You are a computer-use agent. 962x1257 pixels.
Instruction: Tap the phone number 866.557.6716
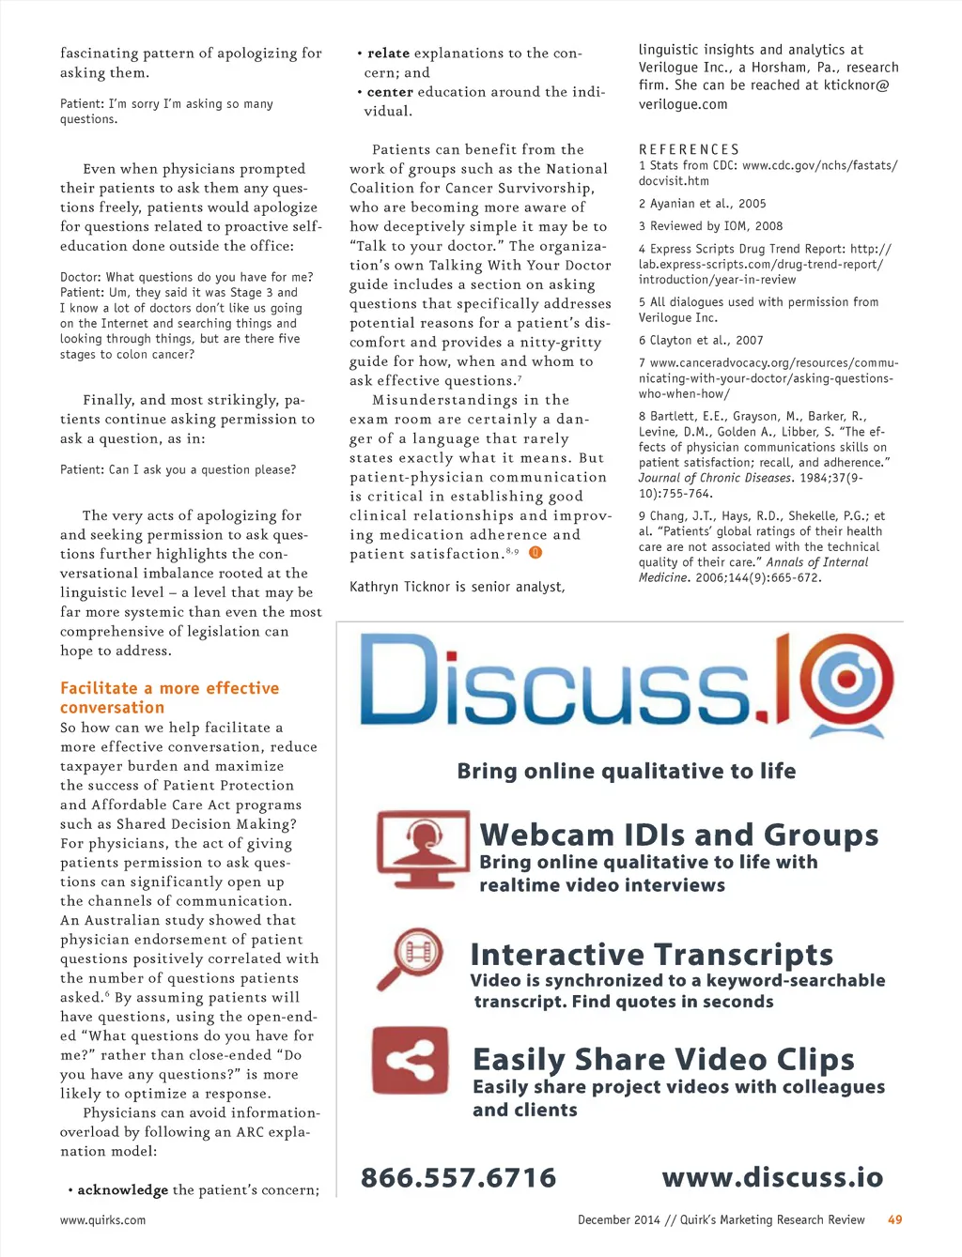(x=458, y=1177)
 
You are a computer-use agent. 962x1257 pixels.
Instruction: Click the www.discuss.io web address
(x=772, y=1177)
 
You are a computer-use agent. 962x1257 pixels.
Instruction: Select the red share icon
(x=410, y=1061)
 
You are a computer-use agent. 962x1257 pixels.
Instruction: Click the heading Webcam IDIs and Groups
(x=678, y=835)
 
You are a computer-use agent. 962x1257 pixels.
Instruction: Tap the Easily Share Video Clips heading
(x=663, y=1059)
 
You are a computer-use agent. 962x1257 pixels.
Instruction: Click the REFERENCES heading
(x=689, y=149)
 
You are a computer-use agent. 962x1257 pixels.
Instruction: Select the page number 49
(x=894, y=1219)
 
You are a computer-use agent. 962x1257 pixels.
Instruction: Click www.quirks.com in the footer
(x=102, y=1219)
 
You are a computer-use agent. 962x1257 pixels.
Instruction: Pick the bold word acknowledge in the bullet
(x=122, y=1189)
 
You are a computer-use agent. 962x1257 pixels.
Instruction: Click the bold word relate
(x=388, y=54)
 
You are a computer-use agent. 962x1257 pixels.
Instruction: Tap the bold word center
(x=390, y=92)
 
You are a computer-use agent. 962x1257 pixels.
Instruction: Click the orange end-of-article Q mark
(x=535, y=553)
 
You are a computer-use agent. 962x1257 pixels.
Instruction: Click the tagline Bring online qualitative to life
(x=626, y=771)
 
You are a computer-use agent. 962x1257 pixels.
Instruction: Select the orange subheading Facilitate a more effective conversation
(x=169, y=697)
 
